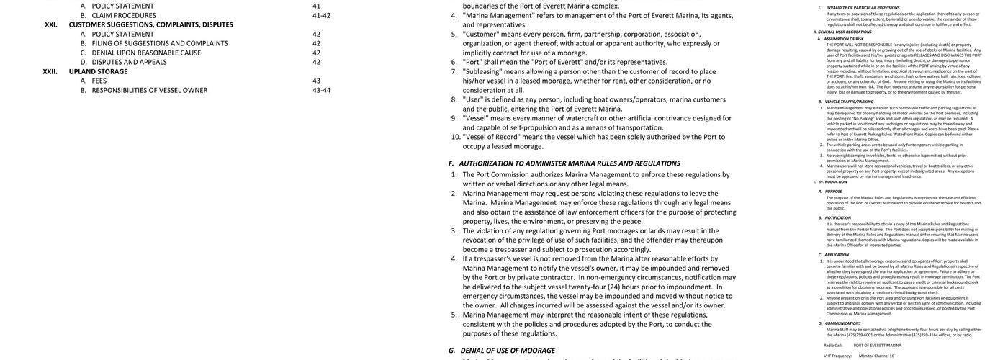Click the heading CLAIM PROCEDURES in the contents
pyautogui.click(x=124, y=15)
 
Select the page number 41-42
pyautogui.click(x=321, y=15)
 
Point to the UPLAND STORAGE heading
pyautogui.click(x=98, y=71)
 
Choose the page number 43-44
pyautogui.click(x=321, y=90)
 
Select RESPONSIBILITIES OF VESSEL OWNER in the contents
pyautogui.click(x=150, y=90)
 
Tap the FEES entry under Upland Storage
pyautogui.click(x=99, y=81)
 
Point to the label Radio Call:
pyautogui.click(x=833, y=346)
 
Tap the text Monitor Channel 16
pyautogui.click(x=876, y=356)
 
